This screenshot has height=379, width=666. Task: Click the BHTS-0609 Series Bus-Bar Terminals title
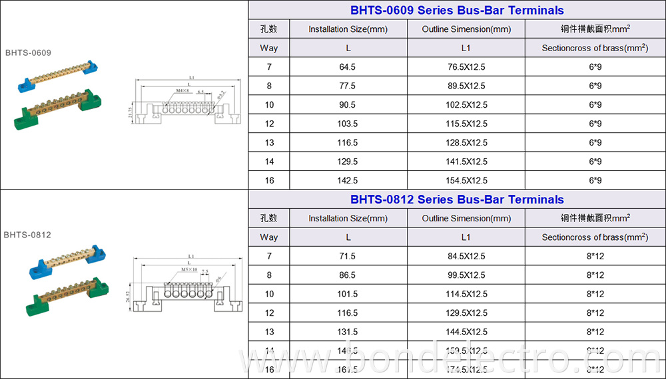click(x=457, y=11)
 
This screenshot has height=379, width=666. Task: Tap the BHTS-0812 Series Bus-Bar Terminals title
click(x=457, y=199)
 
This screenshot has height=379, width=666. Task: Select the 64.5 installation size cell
click(x=348, y=67)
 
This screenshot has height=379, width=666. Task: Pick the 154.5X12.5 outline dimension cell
click(x=466, y=180)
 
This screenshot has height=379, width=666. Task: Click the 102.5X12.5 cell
click(x=466, y=105)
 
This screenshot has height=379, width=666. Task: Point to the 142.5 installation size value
click(x=348, y=180)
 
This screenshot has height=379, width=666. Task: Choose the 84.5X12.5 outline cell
click(x=466, y=256)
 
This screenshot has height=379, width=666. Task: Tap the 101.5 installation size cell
click(x=348, y=294)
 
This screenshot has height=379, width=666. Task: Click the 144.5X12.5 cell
click(x=466, y=332)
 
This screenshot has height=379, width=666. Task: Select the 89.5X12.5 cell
click(x=466, y=86)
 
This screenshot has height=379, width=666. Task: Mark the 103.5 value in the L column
click(x=348, y=124)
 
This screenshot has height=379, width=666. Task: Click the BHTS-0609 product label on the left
click(x=28, y=53)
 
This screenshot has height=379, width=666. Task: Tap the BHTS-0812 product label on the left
click(x=27, y=235)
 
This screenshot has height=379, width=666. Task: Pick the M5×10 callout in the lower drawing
click(x=188, y=269)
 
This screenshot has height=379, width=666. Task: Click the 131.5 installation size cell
click(x=348, y=332)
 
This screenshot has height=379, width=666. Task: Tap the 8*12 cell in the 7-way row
click(x=595, y=256)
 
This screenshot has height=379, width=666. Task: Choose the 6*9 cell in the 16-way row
click(x=595, y=180)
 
